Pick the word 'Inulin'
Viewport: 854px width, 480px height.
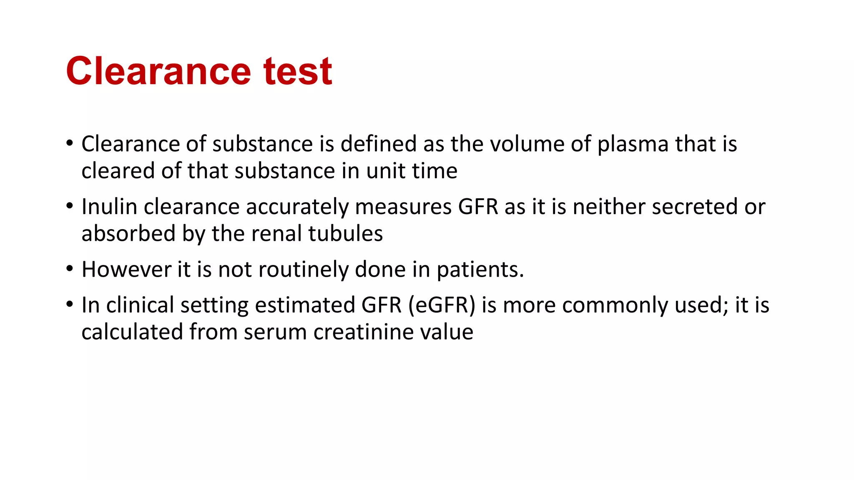(x=109, y=207)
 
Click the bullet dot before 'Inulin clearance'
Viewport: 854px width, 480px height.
(x=70, y=206)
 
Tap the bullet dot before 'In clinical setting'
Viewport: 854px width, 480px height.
(x=70, y=305)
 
